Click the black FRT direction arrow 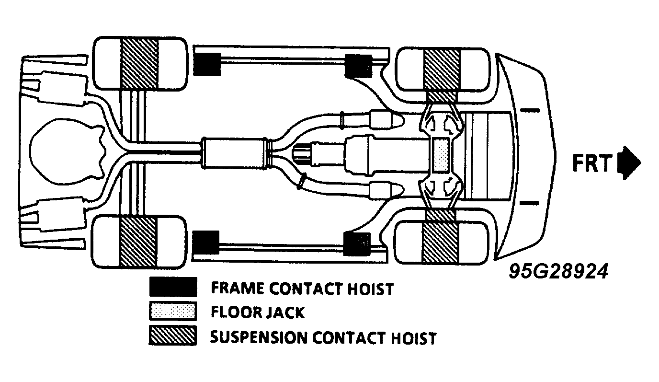[x=629, y=162]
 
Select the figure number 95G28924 [x=558, y=271]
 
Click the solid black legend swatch [x=173, y=287]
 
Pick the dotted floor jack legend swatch [x=173, y=311]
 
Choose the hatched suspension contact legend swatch [x=173, y=335]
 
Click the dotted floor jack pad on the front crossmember [x=441, y=155]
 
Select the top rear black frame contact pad [x=207, y=65]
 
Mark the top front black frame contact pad [x=358, y=66]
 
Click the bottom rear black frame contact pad [x=205, y=243]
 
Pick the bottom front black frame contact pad [x=357, y=244]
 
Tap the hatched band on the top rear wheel [x=140, y=63]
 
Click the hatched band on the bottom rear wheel [x=137, y=242]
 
